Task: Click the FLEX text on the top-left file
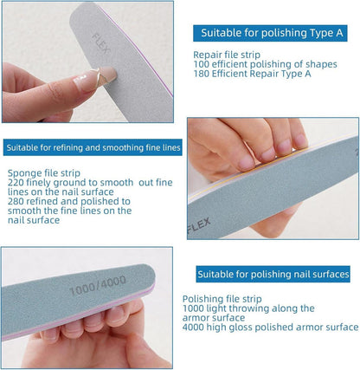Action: tap(100, 44)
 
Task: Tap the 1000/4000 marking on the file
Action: tap(98, 285)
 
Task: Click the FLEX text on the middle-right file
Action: tap(199, 225)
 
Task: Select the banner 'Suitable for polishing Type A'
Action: tap(270, 33)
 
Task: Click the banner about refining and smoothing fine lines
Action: tap(93, 147)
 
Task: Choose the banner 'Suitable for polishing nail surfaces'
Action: tap(273, 274)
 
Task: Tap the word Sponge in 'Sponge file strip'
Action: tap(24, 173)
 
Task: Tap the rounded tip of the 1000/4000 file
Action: tap(152, 276)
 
